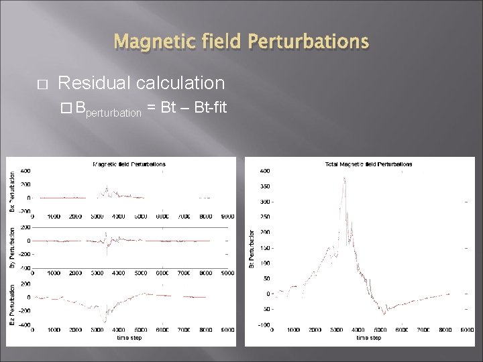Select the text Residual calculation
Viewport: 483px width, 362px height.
click(x=142, y=83)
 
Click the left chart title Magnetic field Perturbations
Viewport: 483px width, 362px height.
click(x=129, y=164)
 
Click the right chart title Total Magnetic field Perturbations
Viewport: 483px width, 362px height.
click(x=368, y=164)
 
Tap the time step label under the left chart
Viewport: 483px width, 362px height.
click(x=129, y=339)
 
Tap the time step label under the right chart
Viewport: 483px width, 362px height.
click(x=368, y=339)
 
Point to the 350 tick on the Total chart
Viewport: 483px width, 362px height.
click(x=266, y=186)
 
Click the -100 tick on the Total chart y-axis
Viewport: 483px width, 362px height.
click(x=265, y=325)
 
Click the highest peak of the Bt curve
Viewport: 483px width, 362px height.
click(x=345, y=178)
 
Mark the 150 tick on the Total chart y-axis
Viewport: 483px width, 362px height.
click(x=266, y=248)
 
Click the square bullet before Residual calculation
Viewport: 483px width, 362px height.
click(x=40, y=84)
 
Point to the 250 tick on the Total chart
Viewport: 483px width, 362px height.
click(x=266, y=217)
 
